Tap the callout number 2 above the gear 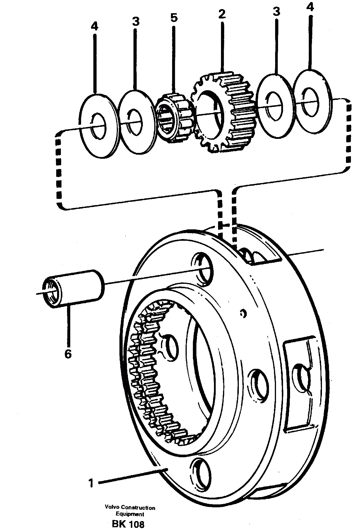(222, 14)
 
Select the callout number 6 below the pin (68, 354)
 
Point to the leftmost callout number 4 (94, 27)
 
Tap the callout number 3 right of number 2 (276, 11)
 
